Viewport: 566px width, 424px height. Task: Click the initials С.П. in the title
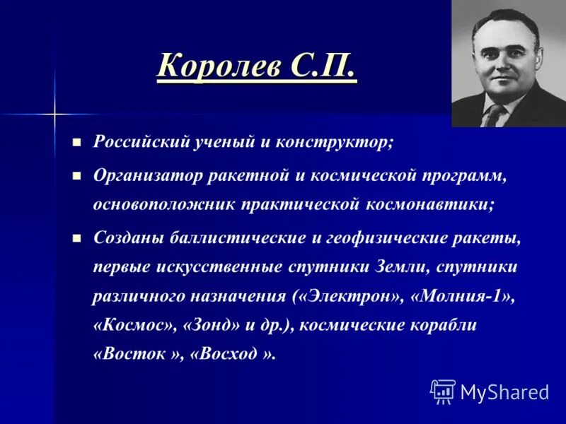[x=321, y=68]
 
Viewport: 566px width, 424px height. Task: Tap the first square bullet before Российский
[x=78, y=141]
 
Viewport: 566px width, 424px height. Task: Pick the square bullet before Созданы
[x=78, y=237]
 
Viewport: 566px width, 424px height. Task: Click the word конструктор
[x=343, y=141]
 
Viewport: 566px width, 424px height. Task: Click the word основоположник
[x=165, y=206]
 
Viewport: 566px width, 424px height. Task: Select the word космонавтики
[x=431, y=206]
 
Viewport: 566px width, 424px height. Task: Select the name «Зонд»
[x=209, y=325]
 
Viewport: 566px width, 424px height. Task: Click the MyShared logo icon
[x=443, y=391]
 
